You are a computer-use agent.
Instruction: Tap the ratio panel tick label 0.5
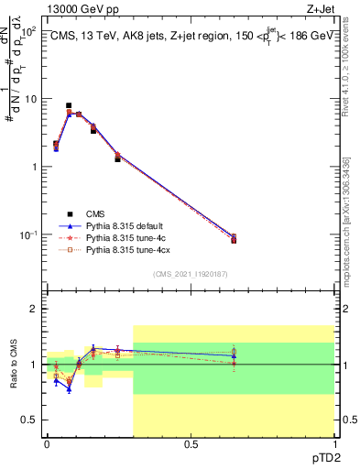pos(30,420)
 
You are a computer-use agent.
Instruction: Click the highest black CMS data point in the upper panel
pos(69,106)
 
